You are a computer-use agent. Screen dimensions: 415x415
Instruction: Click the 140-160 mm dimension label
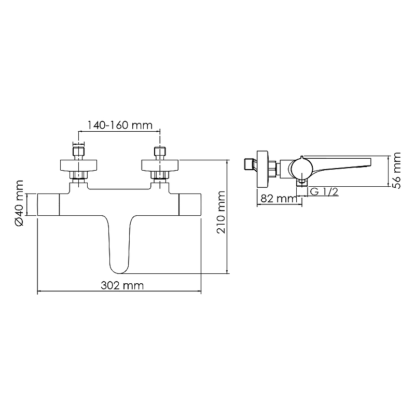click(120, 125)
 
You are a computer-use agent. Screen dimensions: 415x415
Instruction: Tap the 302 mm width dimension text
click(122, 286)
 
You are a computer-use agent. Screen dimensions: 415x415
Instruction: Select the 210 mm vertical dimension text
click(221, 212)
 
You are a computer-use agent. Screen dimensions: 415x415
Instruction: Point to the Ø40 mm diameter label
click(19, 203)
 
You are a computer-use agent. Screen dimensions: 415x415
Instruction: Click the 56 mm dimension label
click(396, 171)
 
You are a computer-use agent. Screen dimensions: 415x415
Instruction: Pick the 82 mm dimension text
click(279, 198)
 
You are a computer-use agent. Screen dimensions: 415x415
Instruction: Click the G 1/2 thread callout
click(324, 191)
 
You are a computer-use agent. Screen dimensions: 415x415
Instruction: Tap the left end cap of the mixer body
click(48, 204)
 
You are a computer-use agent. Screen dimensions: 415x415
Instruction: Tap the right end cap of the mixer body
click(190, 204)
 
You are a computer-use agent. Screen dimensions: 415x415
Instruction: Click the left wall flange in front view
click(79, 165)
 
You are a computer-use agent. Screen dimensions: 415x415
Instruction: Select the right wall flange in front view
click(160, 165)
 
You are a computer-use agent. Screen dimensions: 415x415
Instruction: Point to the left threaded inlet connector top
click(79, 151)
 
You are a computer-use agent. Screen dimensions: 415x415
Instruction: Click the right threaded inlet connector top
click(160, 151)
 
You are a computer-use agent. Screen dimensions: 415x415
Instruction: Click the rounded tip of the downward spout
click(119, 272)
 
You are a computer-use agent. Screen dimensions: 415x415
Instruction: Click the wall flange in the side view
click(262, 170)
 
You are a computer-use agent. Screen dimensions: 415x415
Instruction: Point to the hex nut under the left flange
click(79, 175)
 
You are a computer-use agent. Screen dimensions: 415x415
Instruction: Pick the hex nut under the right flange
click(160, 175)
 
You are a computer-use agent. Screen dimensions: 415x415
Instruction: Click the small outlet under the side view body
click(302, 183)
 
